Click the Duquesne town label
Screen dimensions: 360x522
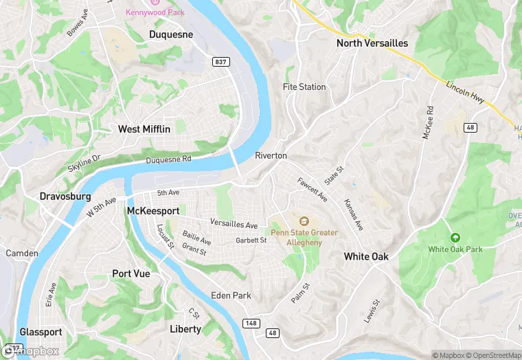point(171,34)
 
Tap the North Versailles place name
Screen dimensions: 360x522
point(372,43)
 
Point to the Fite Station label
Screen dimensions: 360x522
point(304,87)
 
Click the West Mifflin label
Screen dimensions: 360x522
point(144,129)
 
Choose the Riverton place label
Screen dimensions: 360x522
point(271,156)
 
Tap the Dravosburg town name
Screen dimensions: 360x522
point(65,196)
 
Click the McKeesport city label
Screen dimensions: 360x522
point(152,210)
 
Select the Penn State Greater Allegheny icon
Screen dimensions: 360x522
point(304,221)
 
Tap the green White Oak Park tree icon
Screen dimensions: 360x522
point(454,238)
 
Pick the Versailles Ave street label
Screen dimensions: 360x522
point(234,225)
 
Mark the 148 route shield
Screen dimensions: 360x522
point(252,323)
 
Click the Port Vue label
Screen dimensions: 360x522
point(130,273)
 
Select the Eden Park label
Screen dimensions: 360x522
point(231,295)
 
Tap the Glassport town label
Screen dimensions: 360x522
point(41,332)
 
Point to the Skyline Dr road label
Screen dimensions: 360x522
point(84,164)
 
